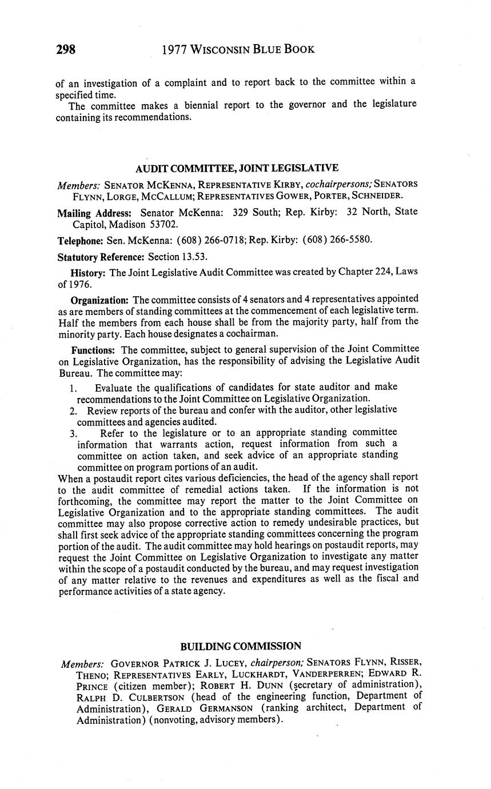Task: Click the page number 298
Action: point(66,49)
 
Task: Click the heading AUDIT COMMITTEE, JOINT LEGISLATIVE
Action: point(237,168)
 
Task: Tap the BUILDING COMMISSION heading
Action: point(241,646)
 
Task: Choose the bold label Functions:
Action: point(94,349)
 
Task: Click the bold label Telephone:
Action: point(81,240)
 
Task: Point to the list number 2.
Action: point(74,411)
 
